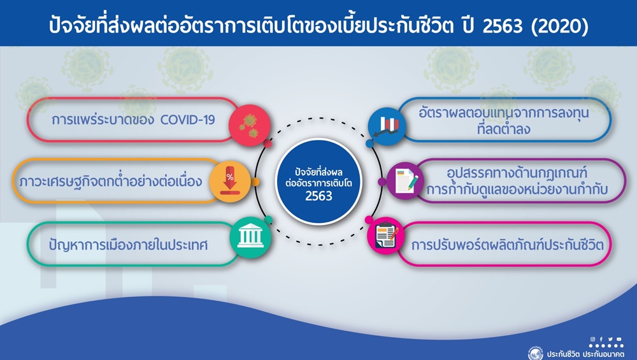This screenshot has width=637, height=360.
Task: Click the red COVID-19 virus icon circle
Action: [x=250, y=125]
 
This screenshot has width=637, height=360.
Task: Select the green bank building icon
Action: [x=250, y=237]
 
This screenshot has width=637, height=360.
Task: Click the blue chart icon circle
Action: [x=387, y=126]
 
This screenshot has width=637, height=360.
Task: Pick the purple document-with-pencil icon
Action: [x=405, y=181]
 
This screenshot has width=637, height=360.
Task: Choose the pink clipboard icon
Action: [x=386, y=235]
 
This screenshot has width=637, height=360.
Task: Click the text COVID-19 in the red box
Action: [x=187, y=120]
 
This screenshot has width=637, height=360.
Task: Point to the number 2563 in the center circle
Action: [x=319, y=196]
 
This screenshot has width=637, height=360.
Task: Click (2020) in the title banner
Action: [x=559, y=25]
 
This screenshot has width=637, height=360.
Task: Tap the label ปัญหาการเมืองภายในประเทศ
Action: [x=129, y=245]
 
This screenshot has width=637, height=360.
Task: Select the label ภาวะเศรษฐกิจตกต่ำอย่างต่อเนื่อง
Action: [x=110, y=181]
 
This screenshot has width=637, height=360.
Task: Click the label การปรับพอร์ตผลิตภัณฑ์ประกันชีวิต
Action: [x=508, y=245]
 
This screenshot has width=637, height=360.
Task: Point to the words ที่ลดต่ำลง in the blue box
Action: [x=504, y=129]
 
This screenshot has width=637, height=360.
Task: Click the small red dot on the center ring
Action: [x=268, y=143]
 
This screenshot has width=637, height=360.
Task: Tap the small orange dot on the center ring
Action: [x=255, y=182]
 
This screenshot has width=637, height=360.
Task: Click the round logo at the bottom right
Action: [x=536, y=353]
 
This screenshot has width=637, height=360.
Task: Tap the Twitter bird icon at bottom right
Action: [x=610, y=339]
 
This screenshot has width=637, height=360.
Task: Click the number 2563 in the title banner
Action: [x=503, y=25]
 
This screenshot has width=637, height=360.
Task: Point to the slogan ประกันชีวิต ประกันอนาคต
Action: [x=585, y=354]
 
